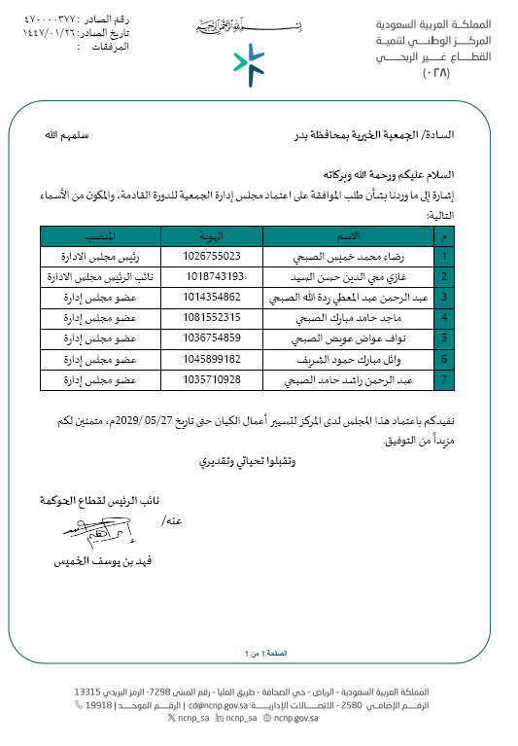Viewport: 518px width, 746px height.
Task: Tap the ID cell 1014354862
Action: tap(211, 297)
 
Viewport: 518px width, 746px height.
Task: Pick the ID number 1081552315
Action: tap(211, 318)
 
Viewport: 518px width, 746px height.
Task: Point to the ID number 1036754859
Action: tap(211, 338)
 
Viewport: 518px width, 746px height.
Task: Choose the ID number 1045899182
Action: tap(211, 359)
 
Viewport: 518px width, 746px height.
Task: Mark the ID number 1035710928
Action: tap(211, 379)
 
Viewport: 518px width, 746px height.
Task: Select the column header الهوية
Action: tap(211, 236)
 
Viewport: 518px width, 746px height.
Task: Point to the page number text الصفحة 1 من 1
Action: tap(258, 653)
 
